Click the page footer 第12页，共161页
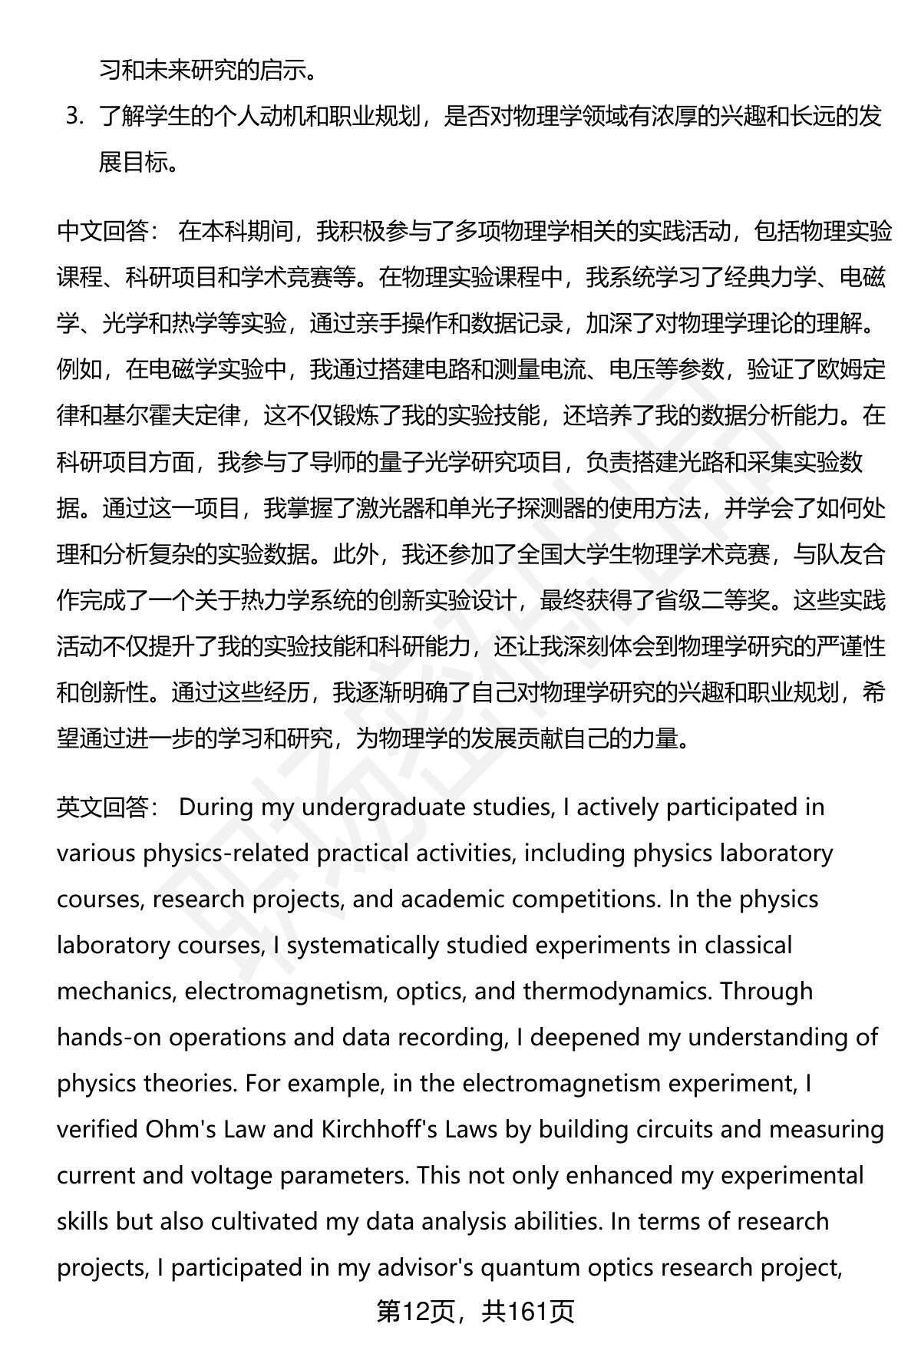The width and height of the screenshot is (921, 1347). coord(475,1312)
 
